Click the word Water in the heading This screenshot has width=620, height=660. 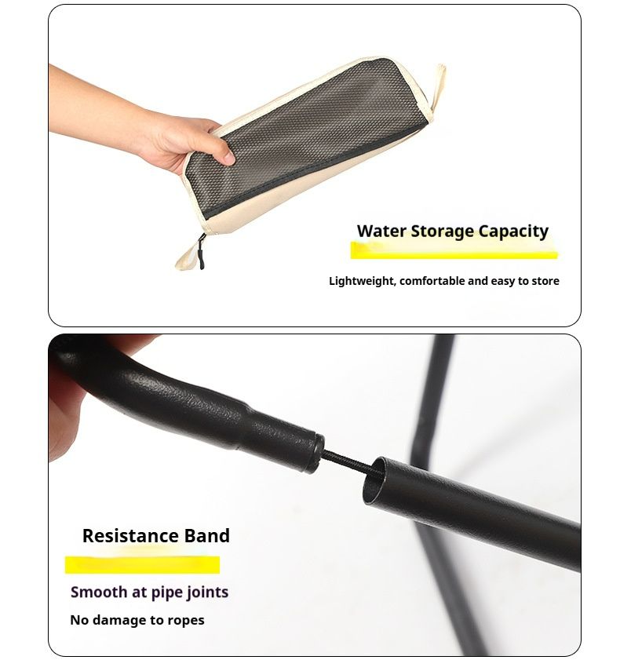(381, 231)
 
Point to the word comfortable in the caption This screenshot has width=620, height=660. (432, 281)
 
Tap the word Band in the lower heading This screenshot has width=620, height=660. (207, 536)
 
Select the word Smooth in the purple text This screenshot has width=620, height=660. (99, 593)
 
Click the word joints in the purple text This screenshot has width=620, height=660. (207, 593)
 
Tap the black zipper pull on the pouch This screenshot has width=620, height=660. (201, 252)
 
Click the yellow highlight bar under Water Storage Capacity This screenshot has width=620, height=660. (454, 250)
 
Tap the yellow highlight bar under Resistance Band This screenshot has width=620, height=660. (142, 565)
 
